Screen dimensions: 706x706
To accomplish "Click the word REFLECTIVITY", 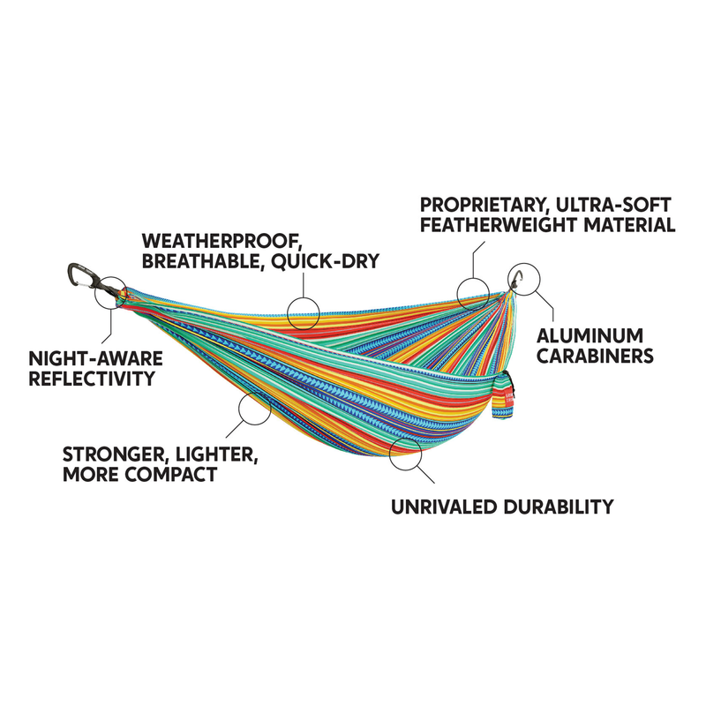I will click(92, 380).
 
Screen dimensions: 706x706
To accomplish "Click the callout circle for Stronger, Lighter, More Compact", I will click(254, 408).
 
